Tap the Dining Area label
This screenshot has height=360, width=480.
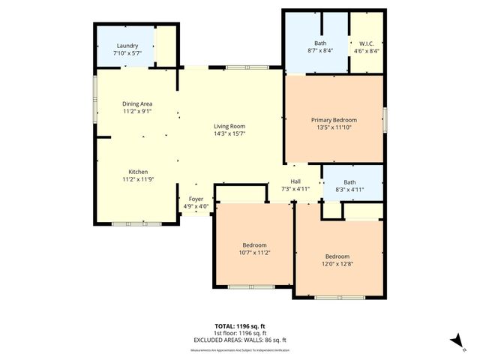(x=137, y=103)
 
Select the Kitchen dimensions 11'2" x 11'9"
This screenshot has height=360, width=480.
(x=137, y=180)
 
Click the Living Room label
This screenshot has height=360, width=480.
(x=229, y=126)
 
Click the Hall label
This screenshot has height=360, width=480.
(x=295, y=181)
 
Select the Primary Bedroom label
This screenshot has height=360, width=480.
(x=334, y=120)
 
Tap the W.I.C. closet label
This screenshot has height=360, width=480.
(x=367, y=43)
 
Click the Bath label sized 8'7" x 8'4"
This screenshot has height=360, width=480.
(x=321, y=43)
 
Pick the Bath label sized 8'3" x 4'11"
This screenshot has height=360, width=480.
(x=349, y=181)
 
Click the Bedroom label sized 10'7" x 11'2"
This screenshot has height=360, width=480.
(x=253, y=245)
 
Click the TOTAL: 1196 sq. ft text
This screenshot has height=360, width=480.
(x=240, y=327)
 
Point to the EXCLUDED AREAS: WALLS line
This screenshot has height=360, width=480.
(x=240, y=340)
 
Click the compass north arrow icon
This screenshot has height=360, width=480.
(x=454, y=341)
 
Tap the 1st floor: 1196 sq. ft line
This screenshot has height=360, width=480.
(x=240, y=333)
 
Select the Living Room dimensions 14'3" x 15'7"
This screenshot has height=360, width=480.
(x=229, y=133)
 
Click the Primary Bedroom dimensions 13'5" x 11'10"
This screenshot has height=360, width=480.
(x=334, y=127)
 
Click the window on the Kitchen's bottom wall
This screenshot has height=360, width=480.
(x=135, y=223)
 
